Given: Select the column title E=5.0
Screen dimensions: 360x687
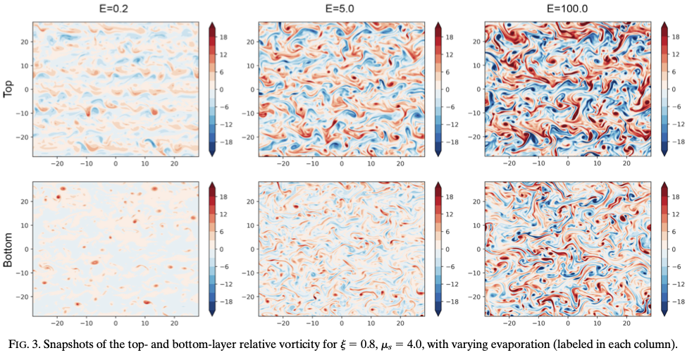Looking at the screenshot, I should pyautogui.click(x=342, y=8).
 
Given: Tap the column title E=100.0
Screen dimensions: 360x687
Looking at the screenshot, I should pyautogui.click(x=568, y=8).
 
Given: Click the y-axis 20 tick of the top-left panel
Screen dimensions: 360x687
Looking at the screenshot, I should pyautogui.click(x=25, y=42).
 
